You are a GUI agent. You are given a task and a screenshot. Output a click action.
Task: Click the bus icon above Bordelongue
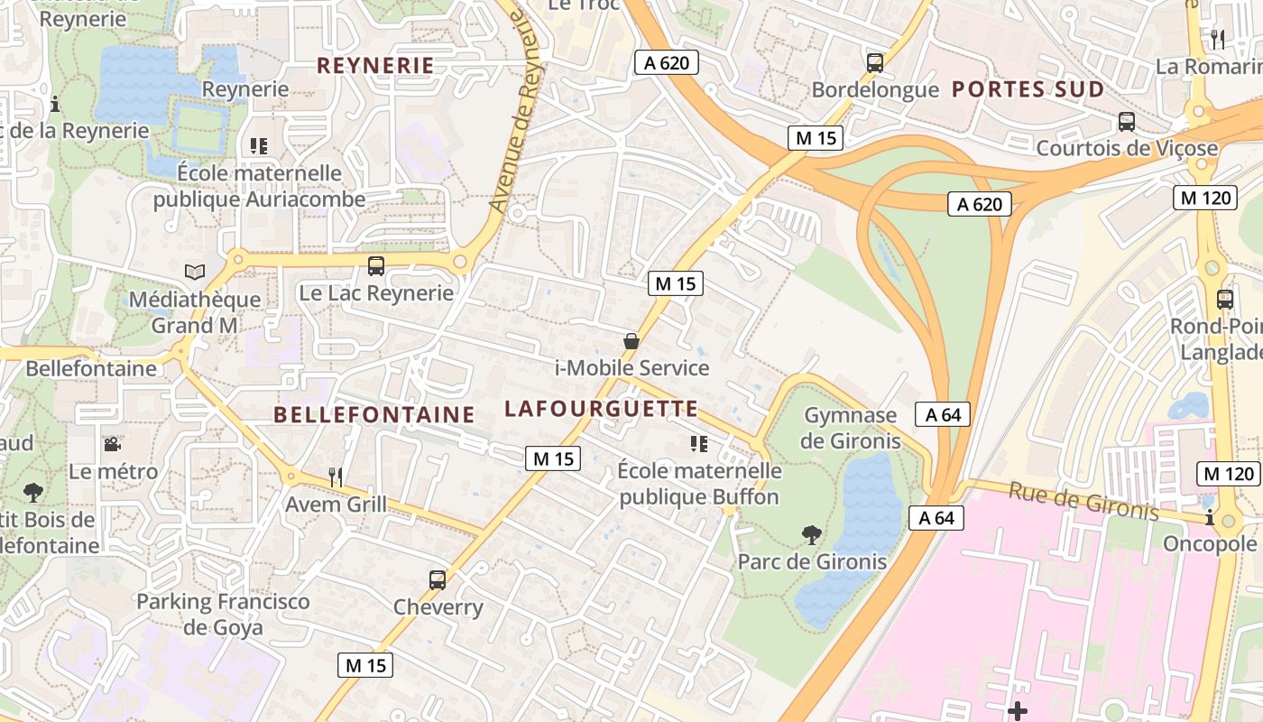point(874,63)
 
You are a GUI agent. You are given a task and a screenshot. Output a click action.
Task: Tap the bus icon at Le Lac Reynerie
point(376,266)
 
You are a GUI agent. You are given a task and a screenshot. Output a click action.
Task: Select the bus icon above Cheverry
point(438,580)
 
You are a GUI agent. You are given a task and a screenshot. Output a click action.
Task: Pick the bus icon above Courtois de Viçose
point(1126,122)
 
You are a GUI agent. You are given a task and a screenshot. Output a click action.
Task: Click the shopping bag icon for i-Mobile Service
point(631,341)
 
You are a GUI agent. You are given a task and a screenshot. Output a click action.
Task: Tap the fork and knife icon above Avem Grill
point(336,477)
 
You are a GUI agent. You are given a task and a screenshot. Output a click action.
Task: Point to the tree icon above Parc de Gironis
point(812,534)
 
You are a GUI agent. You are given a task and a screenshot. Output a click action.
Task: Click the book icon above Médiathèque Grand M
point(194,271)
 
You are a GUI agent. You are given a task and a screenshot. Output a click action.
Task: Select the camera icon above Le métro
point(112,444)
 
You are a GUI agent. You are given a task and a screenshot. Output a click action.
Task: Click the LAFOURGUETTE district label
point(601,409)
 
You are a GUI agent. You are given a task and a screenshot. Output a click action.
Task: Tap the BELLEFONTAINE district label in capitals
point(373,415)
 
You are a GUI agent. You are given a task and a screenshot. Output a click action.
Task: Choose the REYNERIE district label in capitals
point(376,65)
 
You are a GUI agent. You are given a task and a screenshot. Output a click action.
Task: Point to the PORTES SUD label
point(1028,89)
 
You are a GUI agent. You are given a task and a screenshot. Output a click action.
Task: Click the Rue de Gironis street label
point(1083,500)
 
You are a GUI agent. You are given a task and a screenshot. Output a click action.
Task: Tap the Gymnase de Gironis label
point(851,428)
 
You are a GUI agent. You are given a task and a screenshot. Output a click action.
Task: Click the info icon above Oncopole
point(1210,518)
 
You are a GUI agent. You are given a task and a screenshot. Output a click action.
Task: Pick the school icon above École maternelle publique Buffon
point(698,444)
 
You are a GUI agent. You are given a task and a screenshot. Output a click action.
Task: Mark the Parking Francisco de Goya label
point(223,615)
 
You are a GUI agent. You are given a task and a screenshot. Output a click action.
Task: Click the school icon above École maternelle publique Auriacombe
point(259,145)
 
